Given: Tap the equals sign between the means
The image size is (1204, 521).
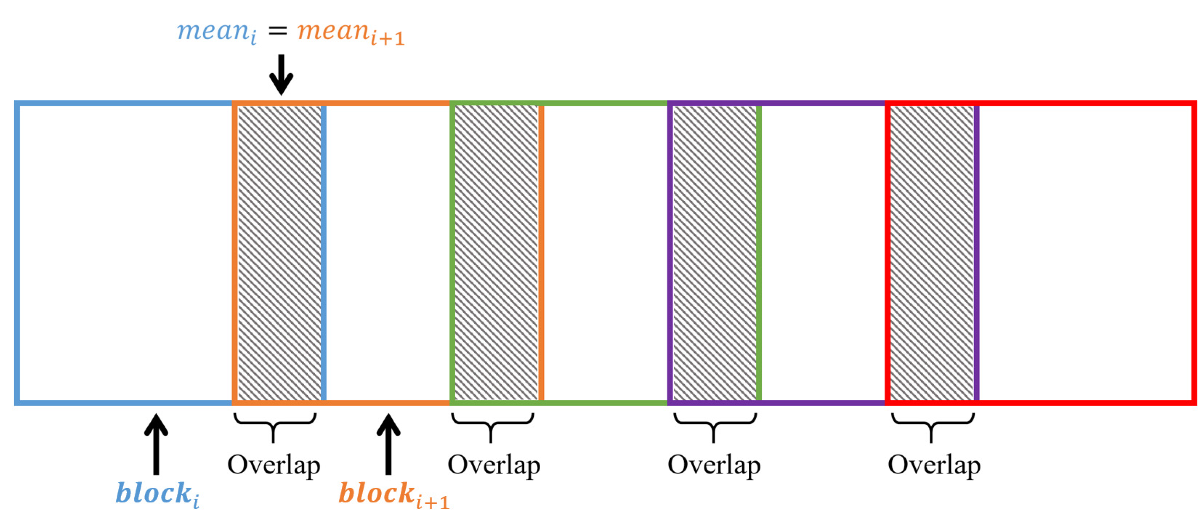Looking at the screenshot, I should [x=277, y=31].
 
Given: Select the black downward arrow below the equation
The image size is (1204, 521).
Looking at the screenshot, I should [x=281, y=75].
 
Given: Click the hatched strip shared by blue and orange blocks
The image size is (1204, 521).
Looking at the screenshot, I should [x=280, y=252].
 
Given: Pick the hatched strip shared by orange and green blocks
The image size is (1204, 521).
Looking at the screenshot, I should [x=496, y=252].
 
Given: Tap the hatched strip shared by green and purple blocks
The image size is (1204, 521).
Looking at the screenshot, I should [x=714, y=252].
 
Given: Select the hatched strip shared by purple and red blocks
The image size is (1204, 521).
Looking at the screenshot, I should [x=932, y=252].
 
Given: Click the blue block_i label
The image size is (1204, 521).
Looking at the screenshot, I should [x=157, y=494].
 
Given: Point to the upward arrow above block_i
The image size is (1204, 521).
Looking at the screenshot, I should [x=156, y=444].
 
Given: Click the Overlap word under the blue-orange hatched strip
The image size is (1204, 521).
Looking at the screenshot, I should [x=274, y=465].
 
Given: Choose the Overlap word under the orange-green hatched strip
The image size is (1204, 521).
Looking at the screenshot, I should [x=494, y=465].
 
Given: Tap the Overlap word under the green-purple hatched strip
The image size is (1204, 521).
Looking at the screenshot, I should [x=714, y=465].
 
